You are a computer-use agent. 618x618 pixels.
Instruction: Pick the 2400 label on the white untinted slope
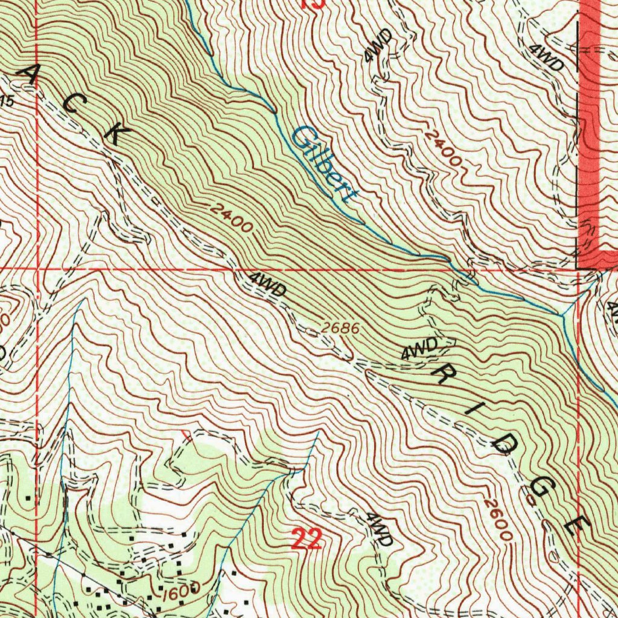[x=443, y=148]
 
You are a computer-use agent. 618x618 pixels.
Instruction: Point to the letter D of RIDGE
[x=503, y=446]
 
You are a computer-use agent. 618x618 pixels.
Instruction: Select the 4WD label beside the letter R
[x=419, y=349]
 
